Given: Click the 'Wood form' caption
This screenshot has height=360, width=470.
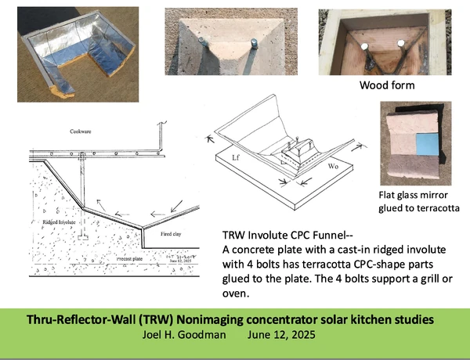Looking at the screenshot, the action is coord(386,85).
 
